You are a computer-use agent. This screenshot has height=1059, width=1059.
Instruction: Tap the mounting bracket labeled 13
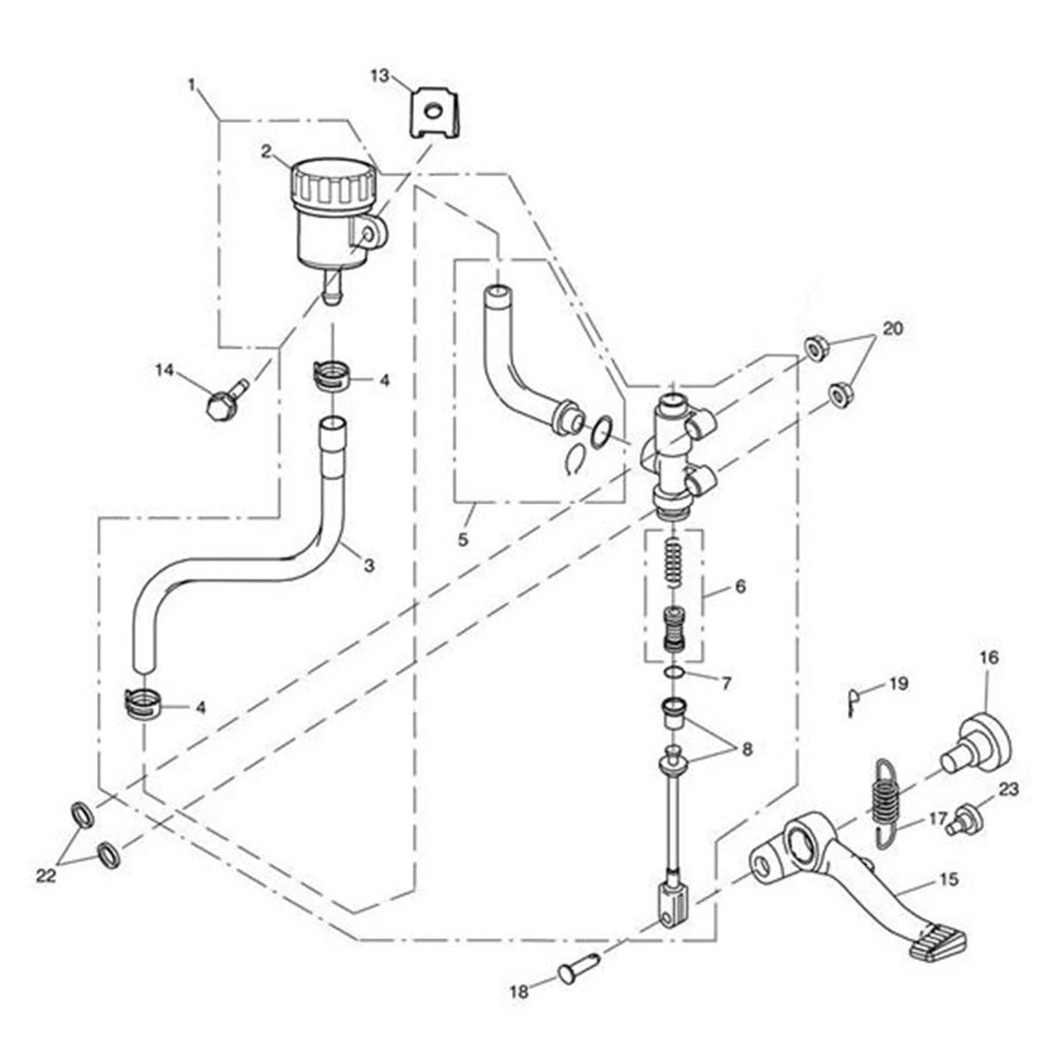[433, 111]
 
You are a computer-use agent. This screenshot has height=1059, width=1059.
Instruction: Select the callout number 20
[892, 328]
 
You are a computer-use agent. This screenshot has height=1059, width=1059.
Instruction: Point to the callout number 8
[747, 749]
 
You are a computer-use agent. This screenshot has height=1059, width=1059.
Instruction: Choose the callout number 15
[949, 880]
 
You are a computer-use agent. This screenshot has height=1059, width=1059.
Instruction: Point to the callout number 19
[898, 684]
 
